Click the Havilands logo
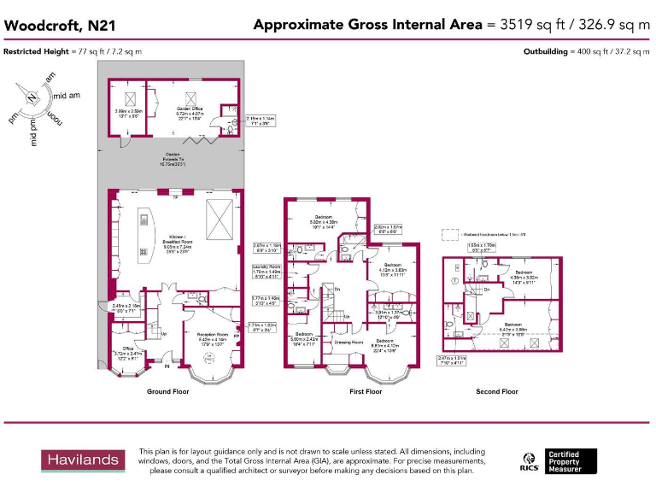83,460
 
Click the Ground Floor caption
167,392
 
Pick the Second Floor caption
497,392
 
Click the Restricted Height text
73,52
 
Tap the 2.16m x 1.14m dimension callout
260,120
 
